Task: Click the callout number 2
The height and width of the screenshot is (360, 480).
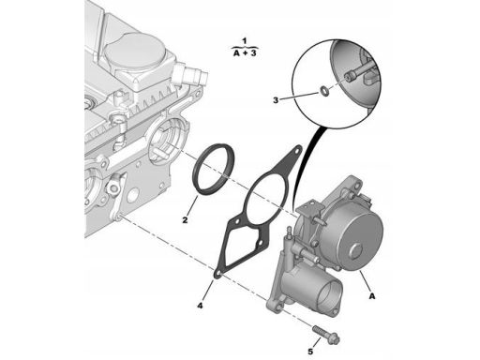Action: point(185,220)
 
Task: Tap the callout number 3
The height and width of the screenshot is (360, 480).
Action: point(276,100)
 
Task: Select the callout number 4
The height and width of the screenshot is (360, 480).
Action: point(200,306)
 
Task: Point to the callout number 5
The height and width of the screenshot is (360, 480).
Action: point(310,352)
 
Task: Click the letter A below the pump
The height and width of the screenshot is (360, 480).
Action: point(372,295)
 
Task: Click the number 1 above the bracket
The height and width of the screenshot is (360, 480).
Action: point(245,41)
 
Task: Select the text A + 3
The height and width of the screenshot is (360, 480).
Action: point(245,53)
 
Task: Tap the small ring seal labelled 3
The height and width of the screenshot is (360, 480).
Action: point(323,91)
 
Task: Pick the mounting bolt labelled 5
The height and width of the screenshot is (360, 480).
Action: point(325,334)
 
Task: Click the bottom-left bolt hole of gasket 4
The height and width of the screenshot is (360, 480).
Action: point(217,274)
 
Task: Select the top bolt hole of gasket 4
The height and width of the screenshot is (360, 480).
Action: point(297,151)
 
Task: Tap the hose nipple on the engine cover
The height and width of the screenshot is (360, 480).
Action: point(191,74)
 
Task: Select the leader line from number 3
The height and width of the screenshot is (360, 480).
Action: point(299,97)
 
